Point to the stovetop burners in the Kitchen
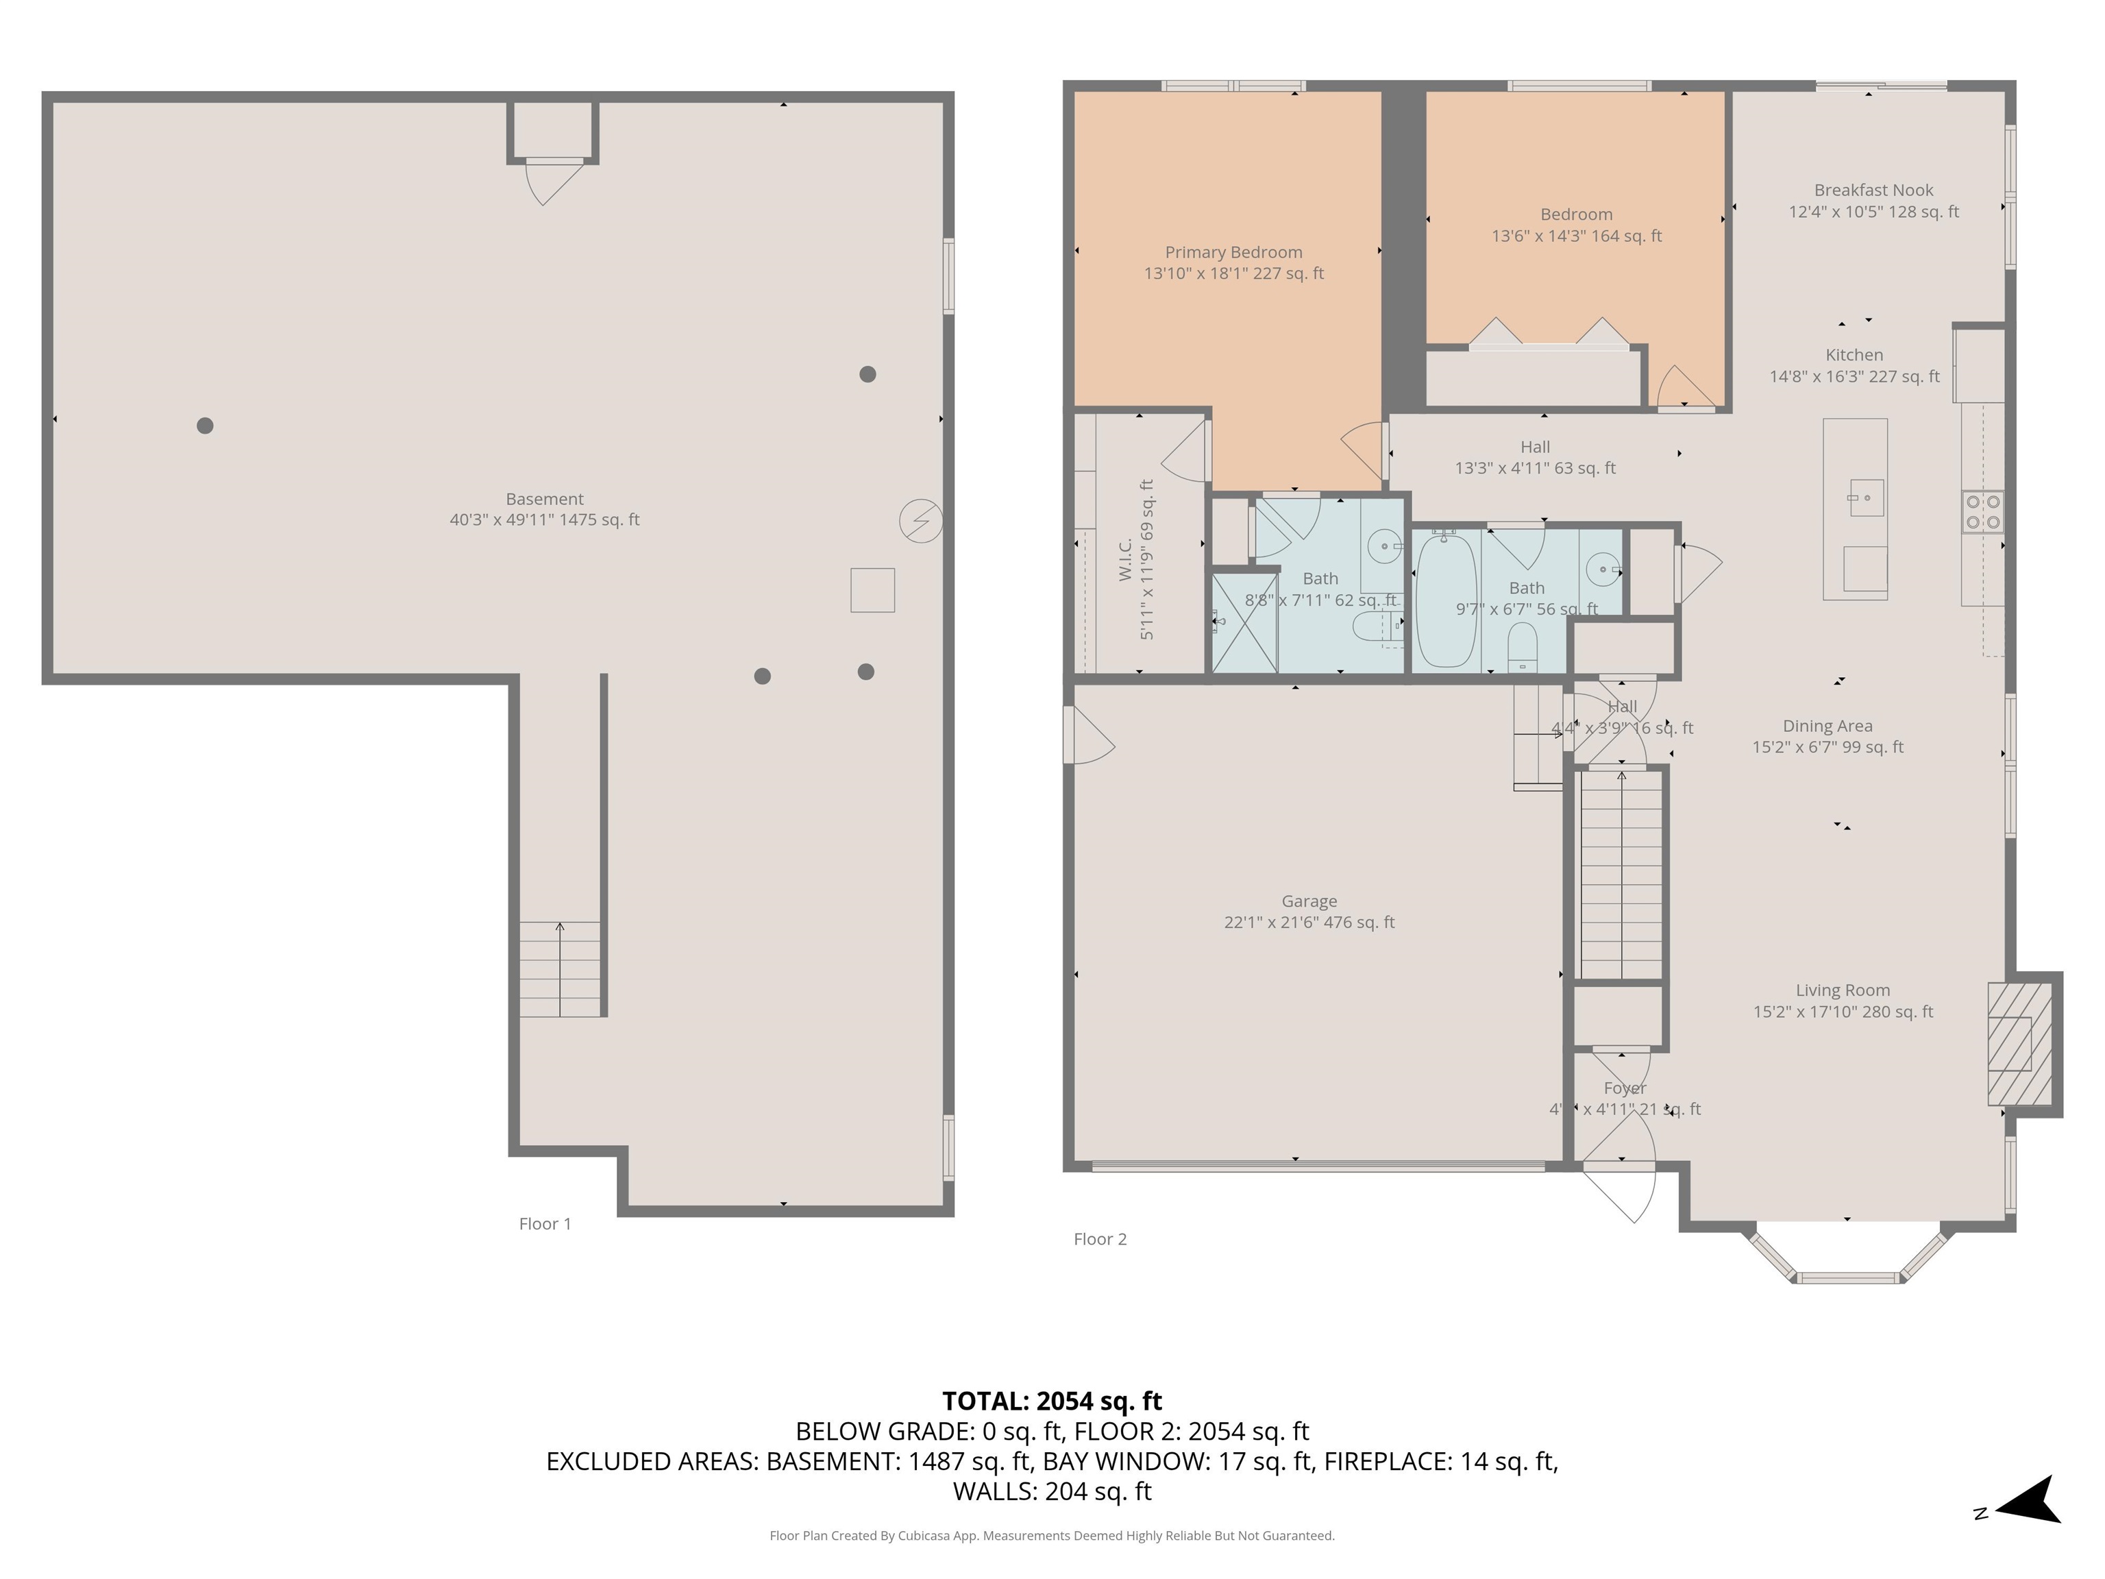(x=1982, y=511)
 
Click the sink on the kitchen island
(x=1865, y=497)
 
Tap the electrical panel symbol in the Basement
(x=920, y=521)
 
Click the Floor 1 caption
(x=544, y=1224)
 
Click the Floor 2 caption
(x=1099, y=1239)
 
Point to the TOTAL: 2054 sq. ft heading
(x=1052, y=1401)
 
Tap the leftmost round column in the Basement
(x=205, y=426)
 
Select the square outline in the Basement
(x=872, y=590)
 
